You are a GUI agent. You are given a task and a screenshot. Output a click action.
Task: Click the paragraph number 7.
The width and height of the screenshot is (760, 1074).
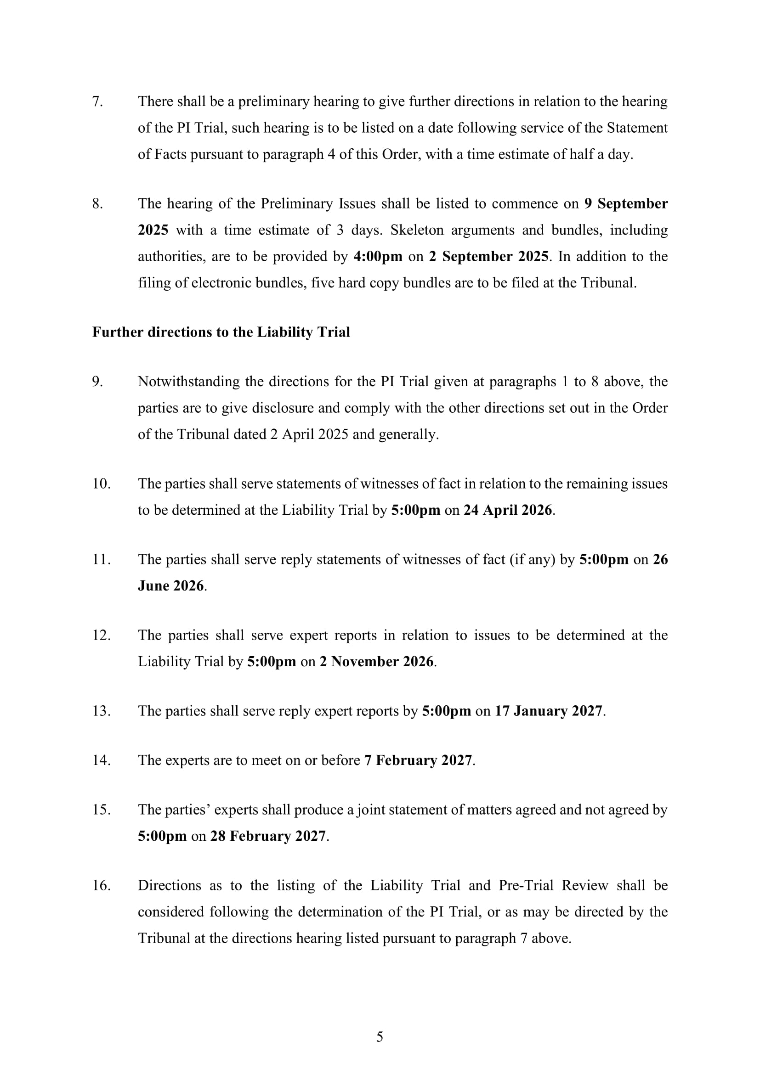point(97,101)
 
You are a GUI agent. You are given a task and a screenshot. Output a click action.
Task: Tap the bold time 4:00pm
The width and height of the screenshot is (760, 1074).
point(378,257)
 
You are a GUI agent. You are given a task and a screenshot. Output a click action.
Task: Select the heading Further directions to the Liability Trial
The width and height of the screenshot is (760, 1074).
point(221,332)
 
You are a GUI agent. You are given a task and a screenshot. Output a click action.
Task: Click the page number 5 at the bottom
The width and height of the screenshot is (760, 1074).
point(380,1037)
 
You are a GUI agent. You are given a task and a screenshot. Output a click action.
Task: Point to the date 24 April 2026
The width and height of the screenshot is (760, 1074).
point(508,510)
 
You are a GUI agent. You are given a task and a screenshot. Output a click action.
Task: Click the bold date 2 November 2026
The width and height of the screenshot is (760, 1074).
point(376,661)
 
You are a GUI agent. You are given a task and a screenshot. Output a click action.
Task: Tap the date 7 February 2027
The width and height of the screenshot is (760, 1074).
point(418,760)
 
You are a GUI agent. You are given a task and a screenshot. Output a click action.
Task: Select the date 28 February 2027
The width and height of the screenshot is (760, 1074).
point(268,836)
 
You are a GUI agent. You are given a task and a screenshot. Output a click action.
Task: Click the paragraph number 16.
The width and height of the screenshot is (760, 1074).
point(101,885)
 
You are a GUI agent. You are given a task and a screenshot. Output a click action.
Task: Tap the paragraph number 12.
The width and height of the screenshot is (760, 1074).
point(101,635)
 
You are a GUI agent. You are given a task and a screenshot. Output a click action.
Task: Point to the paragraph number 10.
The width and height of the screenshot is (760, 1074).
point(101,484)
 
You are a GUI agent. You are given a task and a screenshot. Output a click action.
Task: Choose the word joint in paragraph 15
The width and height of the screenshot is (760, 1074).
point(371,810)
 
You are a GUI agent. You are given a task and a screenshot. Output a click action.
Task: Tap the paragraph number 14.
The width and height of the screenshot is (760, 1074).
point(101,760)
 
